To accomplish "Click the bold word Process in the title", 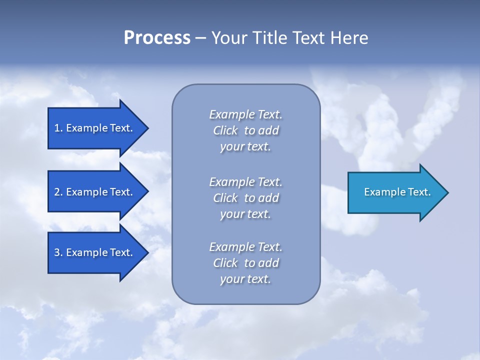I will (157, 38).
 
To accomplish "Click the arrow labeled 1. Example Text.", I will (95, 128).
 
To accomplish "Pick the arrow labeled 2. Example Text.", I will (95, 192).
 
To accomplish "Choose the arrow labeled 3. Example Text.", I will (95, 252).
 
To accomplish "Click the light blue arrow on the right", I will (395, 192).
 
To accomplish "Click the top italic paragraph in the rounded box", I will (246, 130).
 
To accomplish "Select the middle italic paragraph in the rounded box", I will (246, 198).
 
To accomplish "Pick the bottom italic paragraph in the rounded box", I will (246, 263).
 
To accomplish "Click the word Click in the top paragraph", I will (225, 130).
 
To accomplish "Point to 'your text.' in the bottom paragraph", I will (245, 279).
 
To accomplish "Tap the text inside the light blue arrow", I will (397, 192).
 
